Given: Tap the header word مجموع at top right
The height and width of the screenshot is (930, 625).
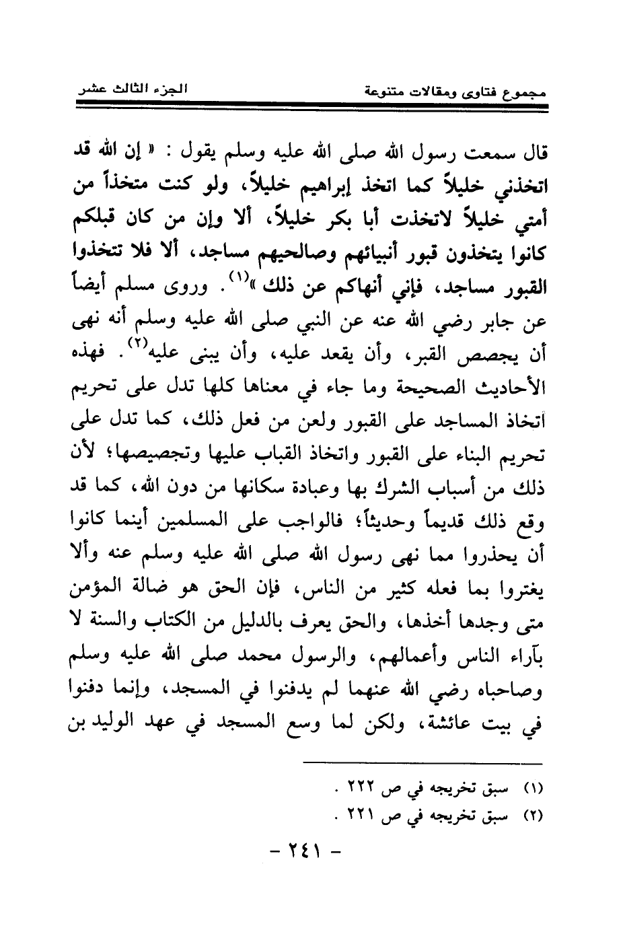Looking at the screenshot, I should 523,90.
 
